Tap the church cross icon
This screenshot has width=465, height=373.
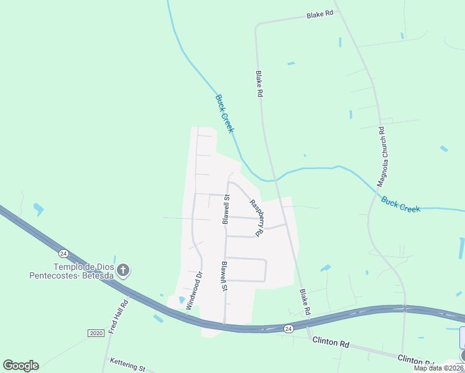click(x=123, y=270)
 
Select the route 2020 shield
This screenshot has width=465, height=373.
click(x=96, y=333)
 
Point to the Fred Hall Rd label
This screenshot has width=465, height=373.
click(x=117, y=317)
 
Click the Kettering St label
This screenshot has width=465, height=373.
click(x=127, y=364)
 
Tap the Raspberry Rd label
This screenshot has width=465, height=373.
click(x=257, y=218)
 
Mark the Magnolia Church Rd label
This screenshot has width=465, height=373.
click(x=383, y=157)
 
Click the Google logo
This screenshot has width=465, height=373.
click(x=21, y=365)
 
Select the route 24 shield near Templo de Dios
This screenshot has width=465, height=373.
click(x=63, y=253)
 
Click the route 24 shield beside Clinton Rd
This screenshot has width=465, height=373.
click(x=288, y=328)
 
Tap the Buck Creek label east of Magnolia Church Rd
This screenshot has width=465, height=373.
click(x=400, y=205)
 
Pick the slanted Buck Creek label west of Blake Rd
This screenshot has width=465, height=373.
click(x=224, y=113)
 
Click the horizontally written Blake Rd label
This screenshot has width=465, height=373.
click(x=320, y=14)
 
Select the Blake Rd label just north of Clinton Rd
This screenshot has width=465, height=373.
click(x=304, y=302)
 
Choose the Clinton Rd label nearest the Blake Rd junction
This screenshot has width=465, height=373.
click(x=331, y=342)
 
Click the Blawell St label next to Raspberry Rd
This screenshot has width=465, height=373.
click(x=226, y=208)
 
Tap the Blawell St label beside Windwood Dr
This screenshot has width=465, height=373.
click(x=223, y=276)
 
